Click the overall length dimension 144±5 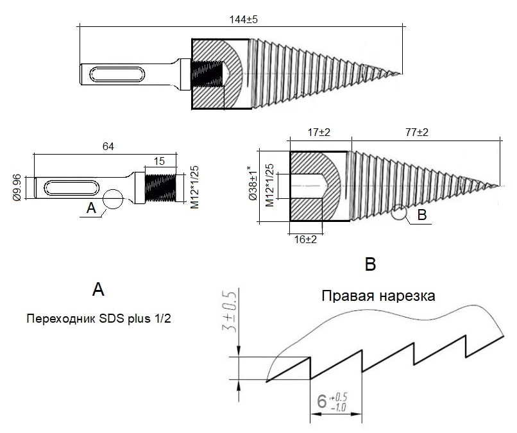(243, 19)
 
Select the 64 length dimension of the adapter (108, 146)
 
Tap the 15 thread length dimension (159, 161)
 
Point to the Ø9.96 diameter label (17, 187)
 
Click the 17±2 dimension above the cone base (319, 132)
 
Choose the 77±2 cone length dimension (417, 132)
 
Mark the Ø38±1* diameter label (253, 183)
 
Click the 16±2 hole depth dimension (305, 239)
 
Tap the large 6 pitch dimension (322, 401)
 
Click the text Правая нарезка (378, 296)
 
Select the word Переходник (60, 319)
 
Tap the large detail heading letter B (371, 264)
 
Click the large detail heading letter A (98, 289)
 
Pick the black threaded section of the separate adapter (160, 188)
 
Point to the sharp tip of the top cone (402, 74)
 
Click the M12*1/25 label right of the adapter (194, 187)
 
